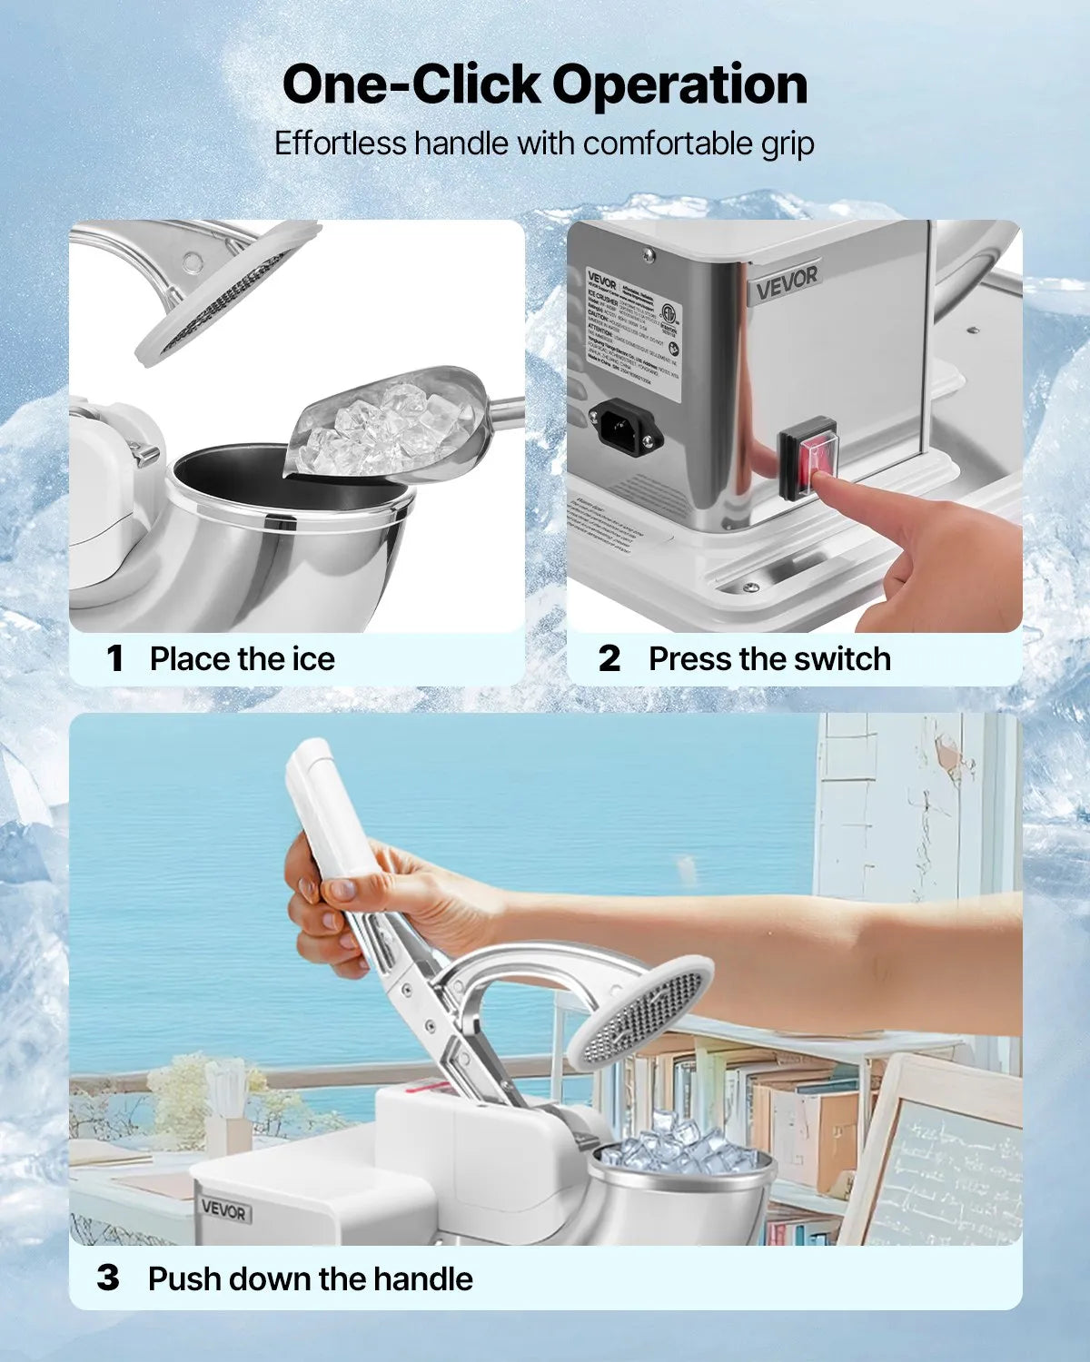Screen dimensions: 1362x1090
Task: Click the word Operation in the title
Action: tap(679, 85)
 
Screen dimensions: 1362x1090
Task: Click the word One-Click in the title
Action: tap(411, 85)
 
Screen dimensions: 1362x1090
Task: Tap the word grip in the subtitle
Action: tap(787, 143)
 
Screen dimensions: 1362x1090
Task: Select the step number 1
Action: tap(114, 659)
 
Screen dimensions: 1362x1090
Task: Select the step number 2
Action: tap(609, 659)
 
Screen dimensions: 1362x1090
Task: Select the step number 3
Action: tap(108, 1278)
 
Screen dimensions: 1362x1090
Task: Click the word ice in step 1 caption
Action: tap(313, 659)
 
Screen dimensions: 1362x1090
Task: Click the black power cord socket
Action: tap(626, 424)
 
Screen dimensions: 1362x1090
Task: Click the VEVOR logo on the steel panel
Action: tap(787, 283)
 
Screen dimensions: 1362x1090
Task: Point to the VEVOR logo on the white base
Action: tap(223, 1210)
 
